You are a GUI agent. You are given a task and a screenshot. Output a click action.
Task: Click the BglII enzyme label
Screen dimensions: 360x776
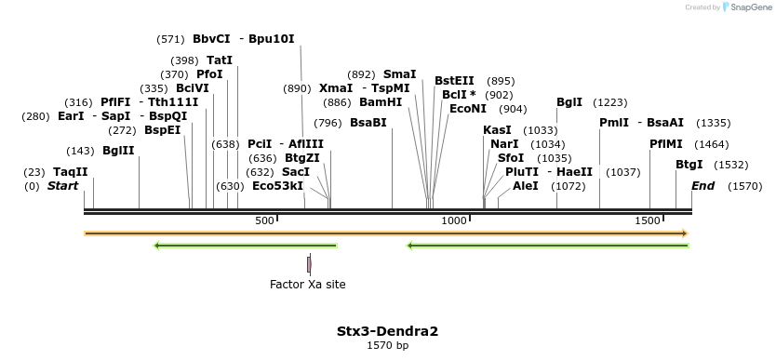click(x=118, y=151)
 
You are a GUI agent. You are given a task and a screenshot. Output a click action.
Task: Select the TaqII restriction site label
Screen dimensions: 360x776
click(x=70, y=172)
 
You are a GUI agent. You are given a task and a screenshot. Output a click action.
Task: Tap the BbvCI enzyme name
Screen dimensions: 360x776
click(x=211, y=39)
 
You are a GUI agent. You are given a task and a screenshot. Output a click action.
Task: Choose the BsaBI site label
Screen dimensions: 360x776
click(x=368, y=123)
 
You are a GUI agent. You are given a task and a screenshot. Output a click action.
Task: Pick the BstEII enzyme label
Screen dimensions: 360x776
click(x=454, y=81)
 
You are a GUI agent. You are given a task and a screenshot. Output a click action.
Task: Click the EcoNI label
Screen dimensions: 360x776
click(x=468, y=109)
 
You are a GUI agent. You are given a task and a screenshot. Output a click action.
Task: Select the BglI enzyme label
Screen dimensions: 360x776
click(x=569, y=102)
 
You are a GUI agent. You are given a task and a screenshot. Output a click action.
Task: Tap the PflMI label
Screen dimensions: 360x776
click(x=666, y=144)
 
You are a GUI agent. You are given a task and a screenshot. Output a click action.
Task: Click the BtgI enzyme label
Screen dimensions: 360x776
click(x=689, y=165)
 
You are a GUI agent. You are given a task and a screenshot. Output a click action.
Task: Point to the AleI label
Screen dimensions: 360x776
click(x=526, y=186)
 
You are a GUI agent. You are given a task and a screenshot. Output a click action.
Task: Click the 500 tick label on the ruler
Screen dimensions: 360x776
click(x=265, y=220)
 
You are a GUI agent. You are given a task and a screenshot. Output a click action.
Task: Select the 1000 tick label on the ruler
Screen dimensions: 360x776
click(x=453, y=220)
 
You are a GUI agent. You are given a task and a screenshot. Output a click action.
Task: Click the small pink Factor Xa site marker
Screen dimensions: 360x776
click(x=309, y=264)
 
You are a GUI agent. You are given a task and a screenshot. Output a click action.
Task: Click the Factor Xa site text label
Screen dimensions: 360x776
click(x=307, y=284)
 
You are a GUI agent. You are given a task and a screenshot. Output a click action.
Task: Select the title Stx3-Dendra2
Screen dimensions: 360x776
click(x=387, y=330)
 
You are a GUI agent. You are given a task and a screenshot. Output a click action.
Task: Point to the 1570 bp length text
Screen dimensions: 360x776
click(x=387, y=345)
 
